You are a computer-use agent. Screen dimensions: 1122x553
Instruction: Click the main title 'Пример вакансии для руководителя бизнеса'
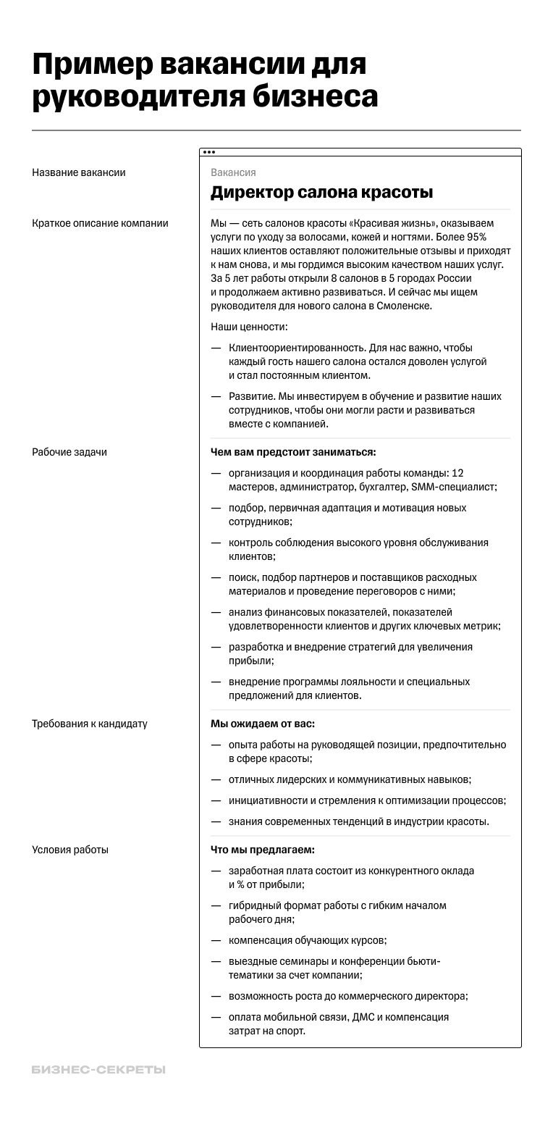pyautogui.click(x=205, y=81)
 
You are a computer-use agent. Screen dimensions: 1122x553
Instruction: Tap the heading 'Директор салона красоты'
pyautogui.click(x=321, y=193)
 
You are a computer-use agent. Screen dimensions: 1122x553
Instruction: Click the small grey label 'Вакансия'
pyautogui.click(x=233, y=172)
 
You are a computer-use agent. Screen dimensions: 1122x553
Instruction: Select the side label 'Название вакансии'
pyautogui.click(x=79, y=172)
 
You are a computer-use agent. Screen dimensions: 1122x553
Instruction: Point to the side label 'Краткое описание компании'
pyautogui.click(x=100, y=223)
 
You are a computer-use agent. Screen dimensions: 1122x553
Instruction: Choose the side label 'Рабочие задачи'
pyautogui.click(x=69, y=452)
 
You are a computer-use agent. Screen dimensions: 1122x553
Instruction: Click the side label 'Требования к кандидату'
pyautogui.click(x=90, y=724)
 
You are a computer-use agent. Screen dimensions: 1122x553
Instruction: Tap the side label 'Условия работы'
pyautogui.click(x=70, y=850)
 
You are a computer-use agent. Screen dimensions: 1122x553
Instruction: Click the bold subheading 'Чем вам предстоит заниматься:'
pyautogui.click(x=293, y=452)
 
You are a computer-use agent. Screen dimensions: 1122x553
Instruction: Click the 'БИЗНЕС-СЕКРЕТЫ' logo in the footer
pyautogui.click(x=98, y=1070)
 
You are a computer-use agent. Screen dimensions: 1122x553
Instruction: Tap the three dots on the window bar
pyautogui.click(x=209, y=152)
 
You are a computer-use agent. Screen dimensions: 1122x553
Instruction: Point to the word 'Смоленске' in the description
pyautogui.click(x=408, y=306)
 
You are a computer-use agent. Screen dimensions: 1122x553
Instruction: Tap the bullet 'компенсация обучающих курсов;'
pyautogui.click(x=308, y=940)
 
